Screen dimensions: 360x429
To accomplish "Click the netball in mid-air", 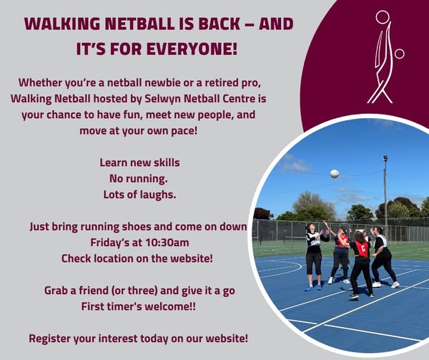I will [x=334, y=173].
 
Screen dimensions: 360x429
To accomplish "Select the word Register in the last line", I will [x=52, y=337].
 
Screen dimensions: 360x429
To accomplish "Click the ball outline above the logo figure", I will [x=383, y=16].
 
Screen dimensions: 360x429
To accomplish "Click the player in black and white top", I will [x=313, y=253].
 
